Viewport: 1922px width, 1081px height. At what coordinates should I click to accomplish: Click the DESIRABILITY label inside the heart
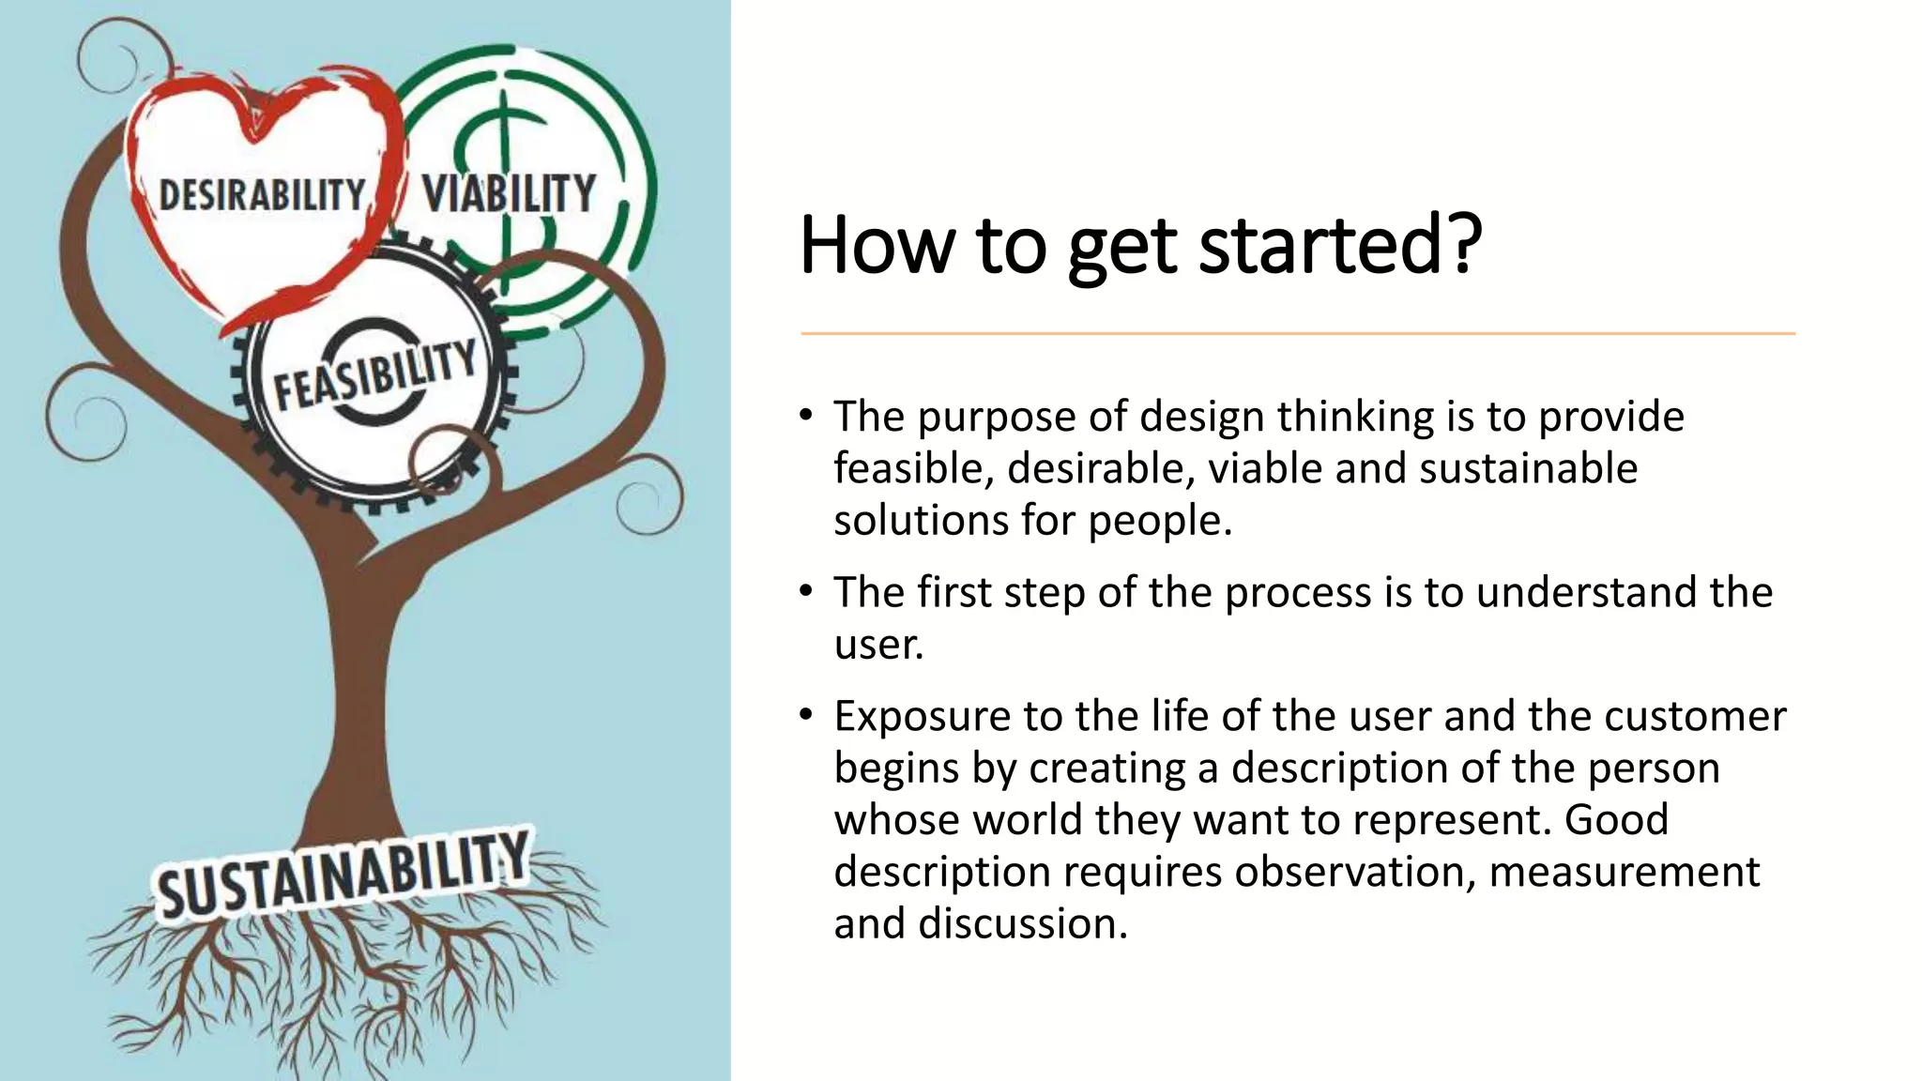262,195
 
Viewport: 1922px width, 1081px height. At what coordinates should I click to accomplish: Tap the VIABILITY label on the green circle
509,193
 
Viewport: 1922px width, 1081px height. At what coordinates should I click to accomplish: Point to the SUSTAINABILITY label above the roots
343,875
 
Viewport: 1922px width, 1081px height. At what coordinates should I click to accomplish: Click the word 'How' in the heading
876,246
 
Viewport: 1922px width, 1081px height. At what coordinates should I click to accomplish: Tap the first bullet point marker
805,416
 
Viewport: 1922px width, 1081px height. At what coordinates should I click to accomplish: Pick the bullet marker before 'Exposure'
805,715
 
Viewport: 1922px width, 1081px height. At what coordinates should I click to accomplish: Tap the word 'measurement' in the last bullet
1624,872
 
